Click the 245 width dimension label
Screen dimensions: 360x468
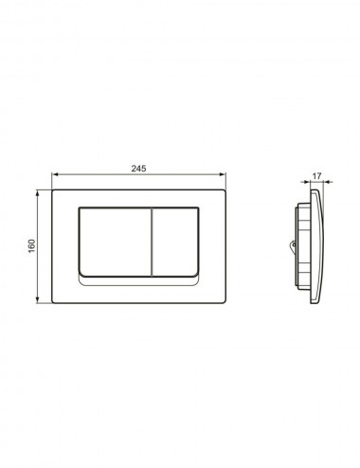click(x=138, y=169)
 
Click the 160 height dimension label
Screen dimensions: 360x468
click(x=32, y=246)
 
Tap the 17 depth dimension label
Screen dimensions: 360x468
click(x=316, y=176)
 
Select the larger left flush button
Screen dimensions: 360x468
click(x=115, y=242)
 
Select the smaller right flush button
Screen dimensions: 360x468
click(x=175, y=242)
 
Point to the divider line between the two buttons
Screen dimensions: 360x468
click(x=152, y=242)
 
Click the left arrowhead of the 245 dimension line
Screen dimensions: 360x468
click(x=54, y=173)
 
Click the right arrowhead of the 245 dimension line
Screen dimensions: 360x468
click(x=223, y=173)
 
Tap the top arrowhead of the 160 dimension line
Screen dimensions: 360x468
click(x=38, y=192)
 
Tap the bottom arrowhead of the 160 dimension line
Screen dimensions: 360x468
click(x=38, y=300)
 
